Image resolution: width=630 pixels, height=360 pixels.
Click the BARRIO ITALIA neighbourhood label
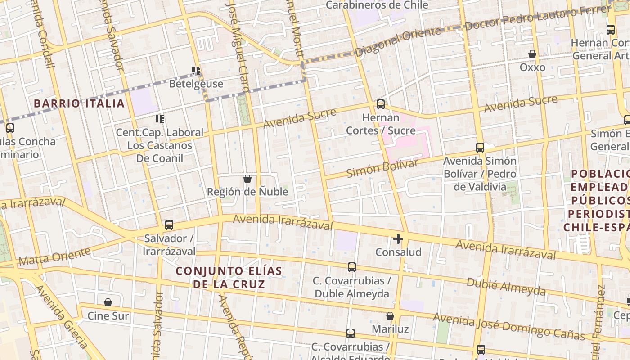(x=79, y=103)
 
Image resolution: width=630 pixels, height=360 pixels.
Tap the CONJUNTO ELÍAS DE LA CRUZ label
(x=229, y=277)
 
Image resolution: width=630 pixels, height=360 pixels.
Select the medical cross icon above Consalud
(x=398, y=239)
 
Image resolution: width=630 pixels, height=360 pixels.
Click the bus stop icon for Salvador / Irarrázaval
(x=169, y=225)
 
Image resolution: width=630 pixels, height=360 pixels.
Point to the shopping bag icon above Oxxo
(x=532, y=54)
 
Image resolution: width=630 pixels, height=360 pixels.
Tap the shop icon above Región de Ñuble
(x=247, y=179)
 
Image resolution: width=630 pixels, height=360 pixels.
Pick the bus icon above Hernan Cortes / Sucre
(x=381, y=104)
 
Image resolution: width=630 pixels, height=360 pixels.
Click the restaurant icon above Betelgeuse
(x=196, y=71)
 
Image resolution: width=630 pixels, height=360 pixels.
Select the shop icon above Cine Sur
(x=108, y=302)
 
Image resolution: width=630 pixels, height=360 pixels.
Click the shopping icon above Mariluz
(x=390, y=316)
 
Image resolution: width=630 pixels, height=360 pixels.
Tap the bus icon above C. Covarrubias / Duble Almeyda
(x=352, y=267)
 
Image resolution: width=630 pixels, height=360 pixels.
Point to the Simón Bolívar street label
(x=382, y=167)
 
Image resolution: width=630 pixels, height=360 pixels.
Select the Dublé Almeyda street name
(x=506, y=287)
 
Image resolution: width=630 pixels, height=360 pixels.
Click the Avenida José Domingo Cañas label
(x=508, y=327)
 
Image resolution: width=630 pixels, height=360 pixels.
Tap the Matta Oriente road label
(x=54, y=256)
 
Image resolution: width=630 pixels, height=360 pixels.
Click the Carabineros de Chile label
(x=377, y=5)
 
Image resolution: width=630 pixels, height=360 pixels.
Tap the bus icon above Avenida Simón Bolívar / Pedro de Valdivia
(x=480, y=148)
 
